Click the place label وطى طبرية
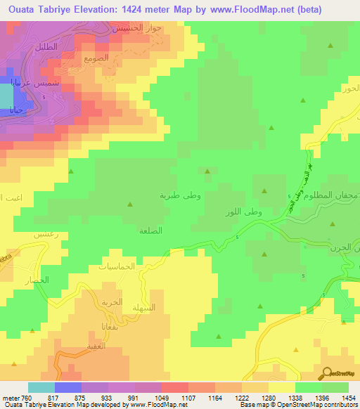click(180, 196)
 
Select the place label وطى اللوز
click(236, 212)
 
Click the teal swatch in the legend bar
click(41, 387)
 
